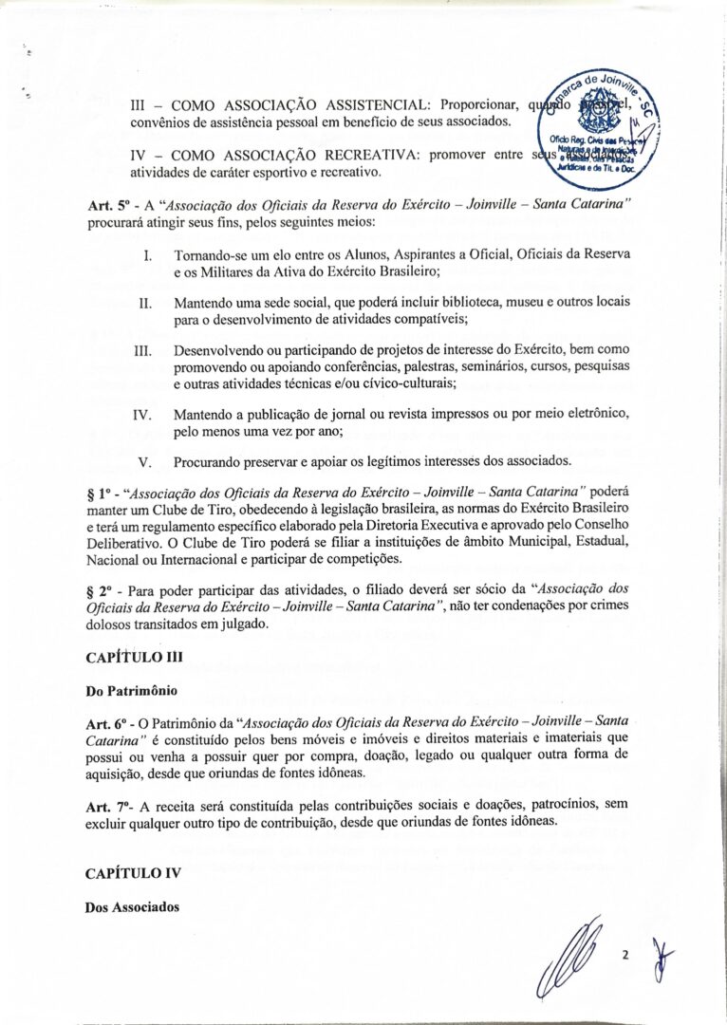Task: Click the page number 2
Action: [x=625, y=956]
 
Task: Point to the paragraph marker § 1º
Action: [x=99, y=490]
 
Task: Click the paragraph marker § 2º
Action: [x=99, y=591]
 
